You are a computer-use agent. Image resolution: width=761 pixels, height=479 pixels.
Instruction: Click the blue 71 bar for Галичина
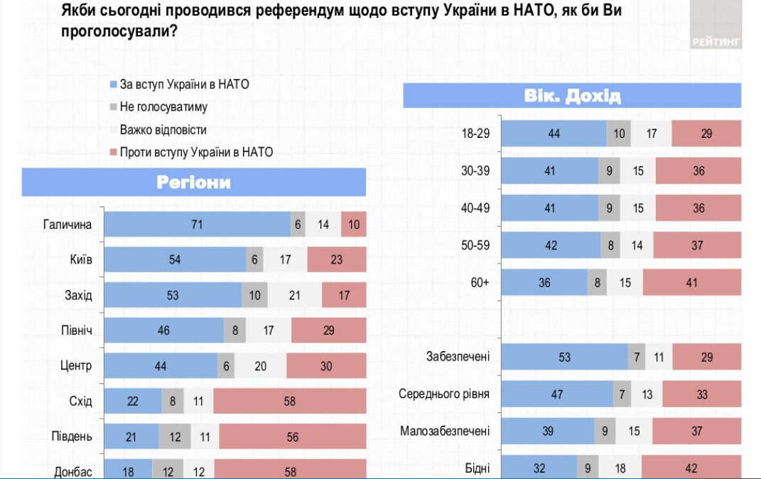[x=198, y=225]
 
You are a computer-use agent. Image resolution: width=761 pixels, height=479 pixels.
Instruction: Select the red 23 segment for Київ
[x=337, y=259]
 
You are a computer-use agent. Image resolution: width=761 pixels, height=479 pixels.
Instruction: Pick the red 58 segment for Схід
[x=290, y=401]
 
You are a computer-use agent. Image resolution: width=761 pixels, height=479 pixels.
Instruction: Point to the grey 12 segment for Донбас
[x=168, y=470]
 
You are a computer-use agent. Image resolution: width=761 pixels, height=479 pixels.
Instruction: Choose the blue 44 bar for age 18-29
[x=554, y=134]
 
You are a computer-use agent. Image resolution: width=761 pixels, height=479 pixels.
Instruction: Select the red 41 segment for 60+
[x=692, y=282]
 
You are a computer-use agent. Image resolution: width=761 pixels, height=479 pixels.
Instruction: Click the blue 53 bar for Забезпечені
[x=565, y=357]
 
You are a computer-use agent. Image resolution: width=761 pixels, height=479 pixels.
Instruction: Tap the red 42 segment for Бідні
[x=691, y=468]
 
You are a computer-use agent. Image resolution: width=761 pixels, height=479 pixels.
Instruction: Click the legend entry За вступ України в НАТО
[x=184, y=85]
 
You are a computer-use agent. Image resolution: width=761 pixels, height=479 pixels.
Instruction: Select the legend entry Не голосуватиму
[x=163, y=107]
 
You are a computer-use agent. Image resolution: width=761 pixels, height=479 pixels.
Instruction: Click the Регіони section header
[x=194, y=182]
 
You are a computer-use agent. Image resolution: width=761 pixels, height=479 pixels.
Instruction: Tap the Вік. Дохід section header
[x=572, y=96]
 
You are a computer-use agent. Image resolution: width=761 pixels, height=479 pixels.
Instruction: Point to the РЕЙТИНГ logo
[x=716, y=42]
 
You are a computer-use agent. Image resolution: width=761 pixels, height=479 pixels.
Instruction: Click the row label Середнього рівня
[x=444, y=394]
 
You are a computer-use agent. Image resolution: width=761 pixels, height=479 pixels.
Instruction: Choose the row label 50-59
[x=475, y=245]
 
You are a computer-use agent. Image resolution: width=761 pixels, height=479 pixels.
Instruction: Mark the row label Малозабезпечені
[x=445, y=431]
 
